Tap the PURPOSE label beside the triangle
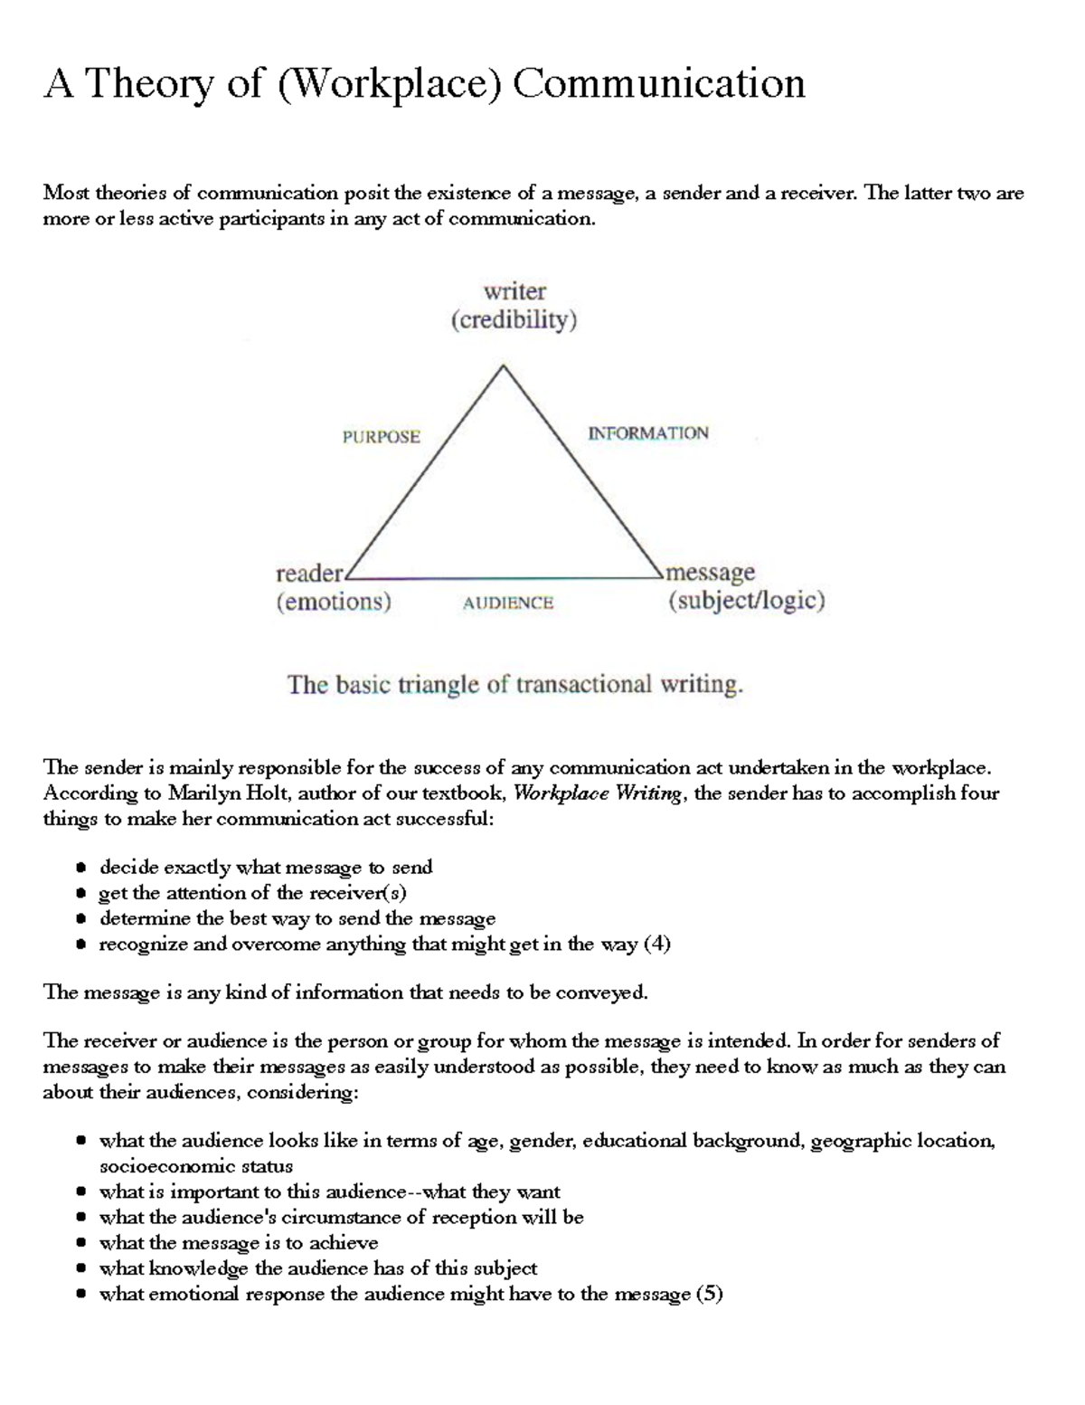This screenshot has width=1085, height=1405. pos(381,437)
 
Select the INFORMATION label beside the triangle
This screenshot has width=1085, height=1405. pos(648,433)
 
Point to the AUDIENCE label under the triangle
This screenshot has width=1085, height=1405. pos(507,603)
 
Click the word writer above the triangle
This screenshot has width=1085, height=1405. pos(514,291)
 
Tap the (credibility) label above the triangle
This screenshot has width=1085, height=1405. pos(514,320)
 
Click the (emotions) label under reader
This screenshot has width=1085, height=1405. pos(334,602)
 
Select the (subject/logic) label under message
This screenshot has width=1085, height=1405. pos(746,601)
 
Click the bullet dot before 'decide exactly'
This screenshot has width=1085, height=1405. pos(81,868)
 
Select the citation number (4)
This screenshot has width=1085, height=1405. pos(656,945)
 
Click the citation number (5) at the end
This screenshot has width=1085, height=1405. pos(709,1294)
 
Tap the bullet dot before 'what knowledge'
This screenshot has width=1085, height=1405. pos(81,1268)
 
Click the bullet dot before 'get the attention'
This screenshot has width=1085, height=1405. pos(81,894)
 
